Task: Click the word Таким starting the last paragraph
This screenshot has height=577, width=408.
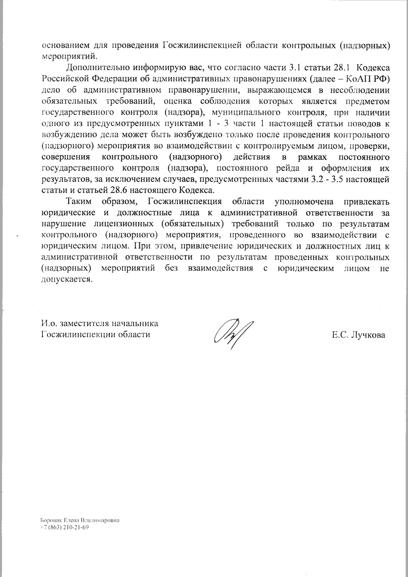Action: point(79,202)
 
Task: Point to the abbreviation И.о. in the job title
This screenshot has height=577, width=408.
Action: point(50,323)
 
